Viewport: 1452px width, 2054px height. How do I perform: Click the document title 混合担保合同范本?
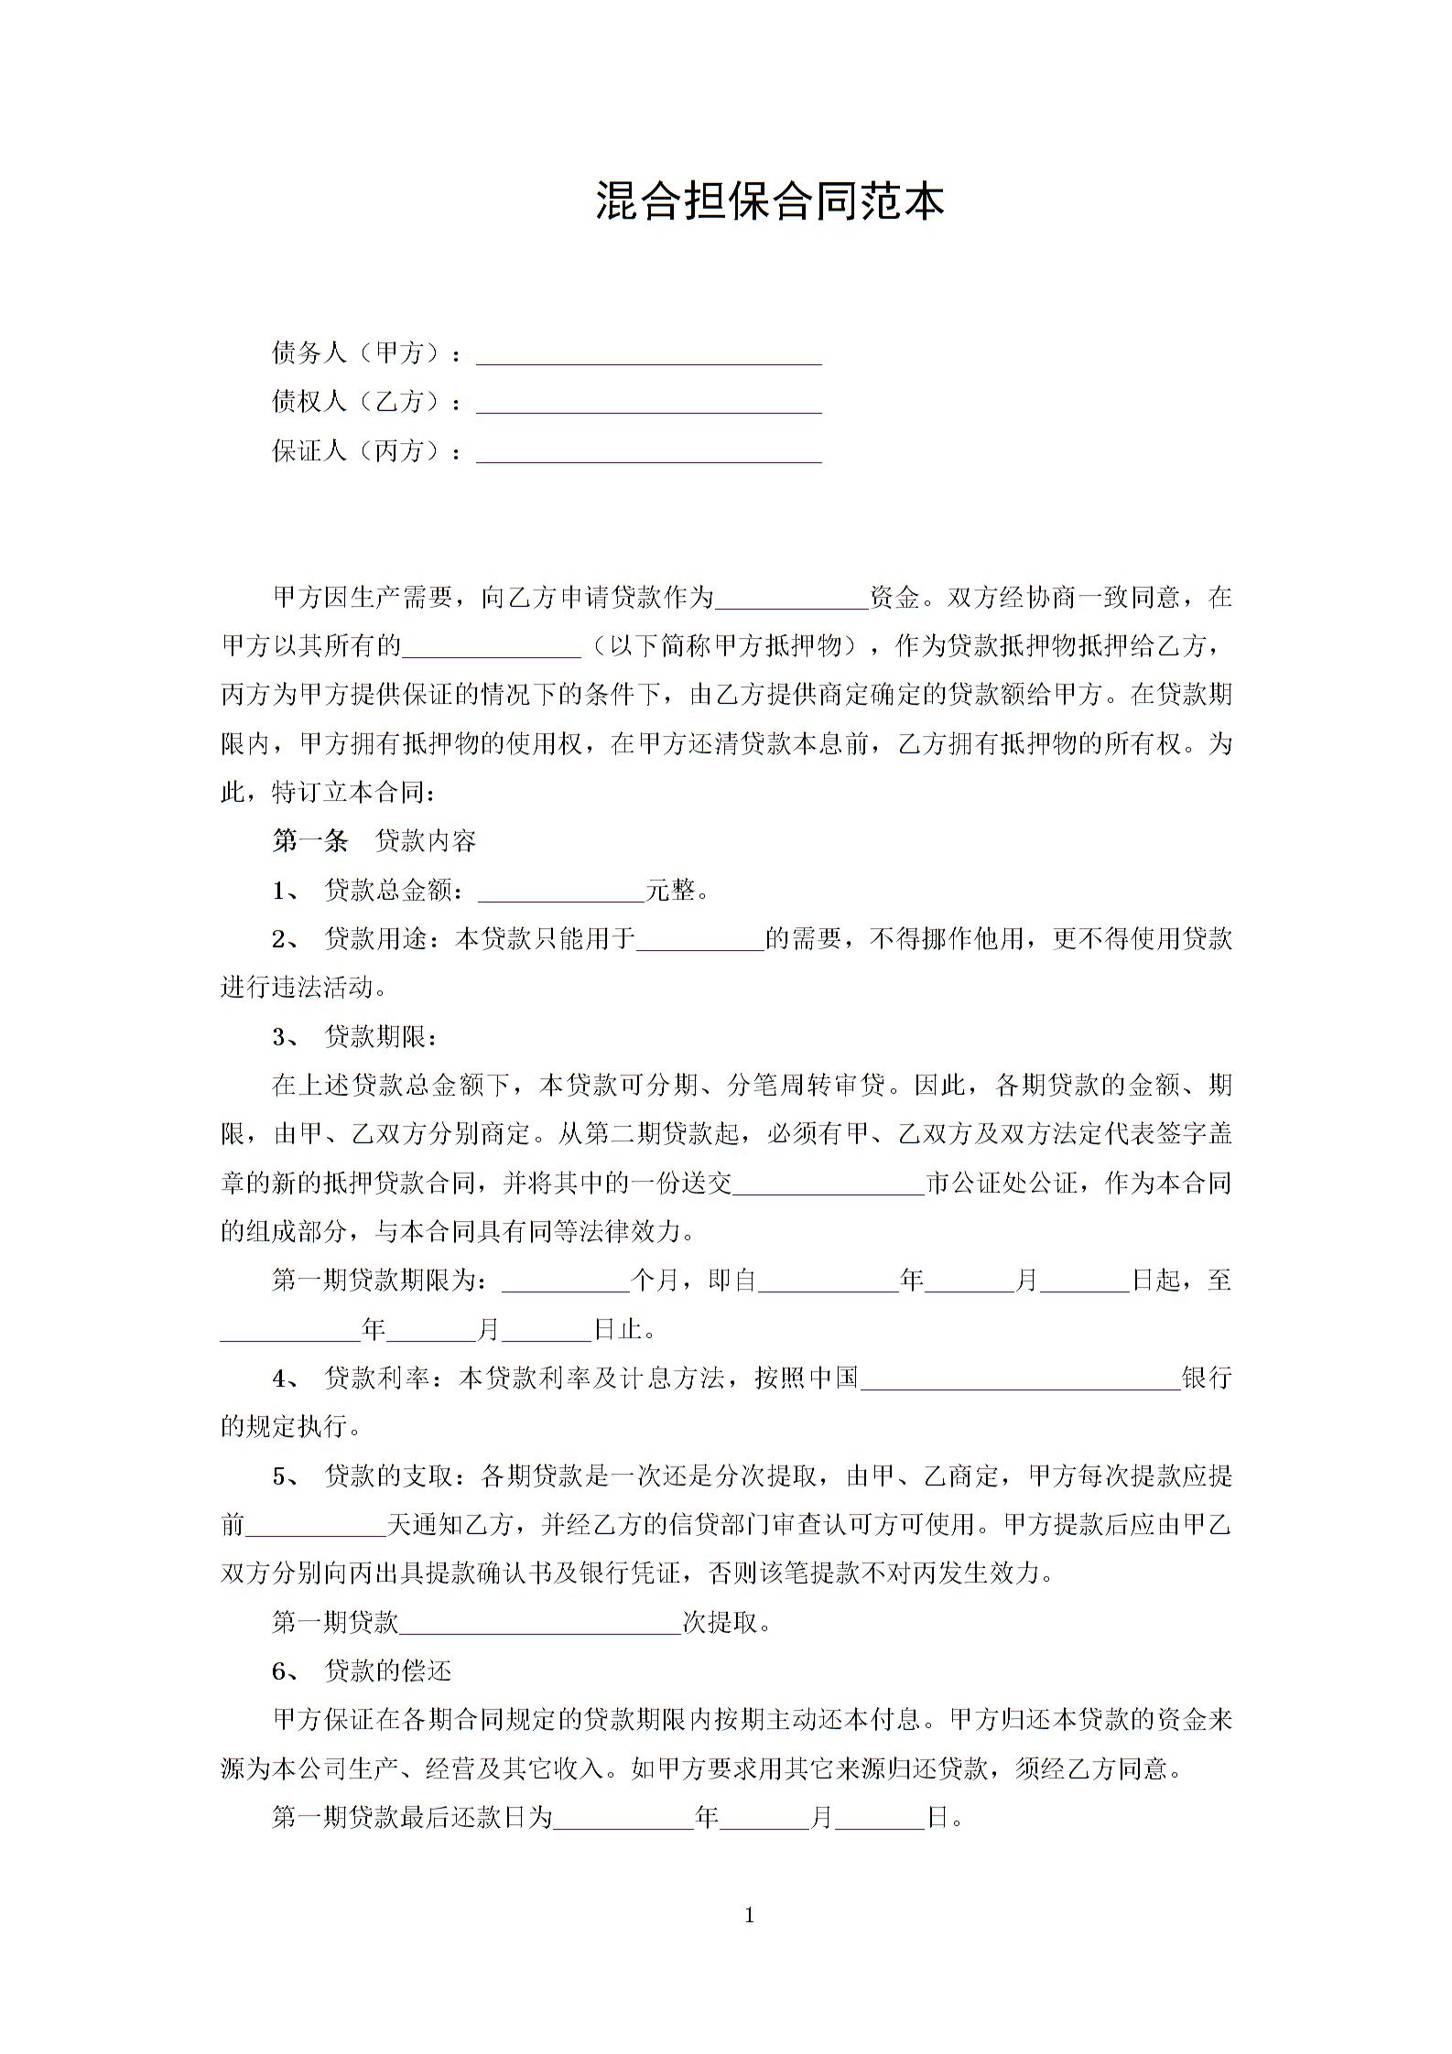[x=769, y=201]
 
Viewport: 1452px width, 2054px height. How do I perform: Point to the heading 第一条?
[x=310, y=841]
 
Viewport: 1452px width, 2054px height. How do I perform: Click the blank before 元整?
[x=561, y=892]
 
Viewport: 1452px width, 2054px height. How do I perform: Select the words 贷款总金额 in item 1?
[x=388, y=891]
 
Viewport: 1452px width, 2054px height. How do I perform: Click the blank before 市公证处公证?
[x=829, y=1185]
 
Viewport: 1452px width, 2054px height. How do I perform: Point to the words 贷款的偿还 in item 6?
[x=388, y=1671]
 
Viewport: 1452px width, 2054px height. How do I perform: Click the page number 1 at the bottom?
[x=750, y=1915]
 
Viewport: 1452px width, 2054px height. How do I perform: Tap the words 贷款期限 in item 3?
[x=375, y=1037]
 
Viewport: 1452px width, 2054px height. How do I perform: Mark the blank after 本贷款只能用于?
[x=700, y=940]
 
